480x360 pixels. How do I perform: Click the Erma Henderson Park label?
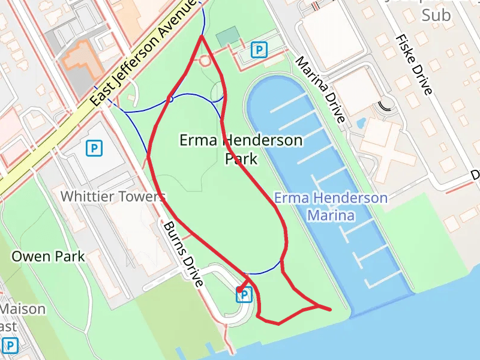[x=241, y=149]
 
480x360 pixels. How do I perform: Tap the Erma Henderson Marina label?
[x=331, y=206]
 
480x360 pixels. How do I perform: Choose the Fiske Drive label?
[x=413, y=64]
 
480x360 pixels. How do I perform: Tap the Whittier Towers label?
[x=113, y=196]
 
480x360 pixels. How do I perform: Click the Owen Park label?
[x=48, y=257]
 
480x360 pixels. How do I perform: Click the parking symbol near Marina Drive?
[x=259, y=50]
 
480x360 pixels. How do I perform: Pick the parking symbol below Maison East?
[x=10, y=346]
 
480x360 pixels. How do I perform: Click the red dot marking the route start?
[x=239, y=290]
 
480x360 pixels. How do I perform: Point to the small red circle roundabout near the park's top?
[x=205, y=61]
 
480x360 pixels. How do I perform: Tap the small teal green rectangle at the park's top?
[x=227, y=37]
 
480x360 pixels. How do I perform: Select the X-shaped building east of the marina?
[x=387, y=144]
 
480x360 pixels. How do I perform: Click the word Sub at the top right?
[x=436, y=16]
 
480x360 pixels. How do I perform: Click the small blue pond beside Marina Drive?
[x=361, y=122]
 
